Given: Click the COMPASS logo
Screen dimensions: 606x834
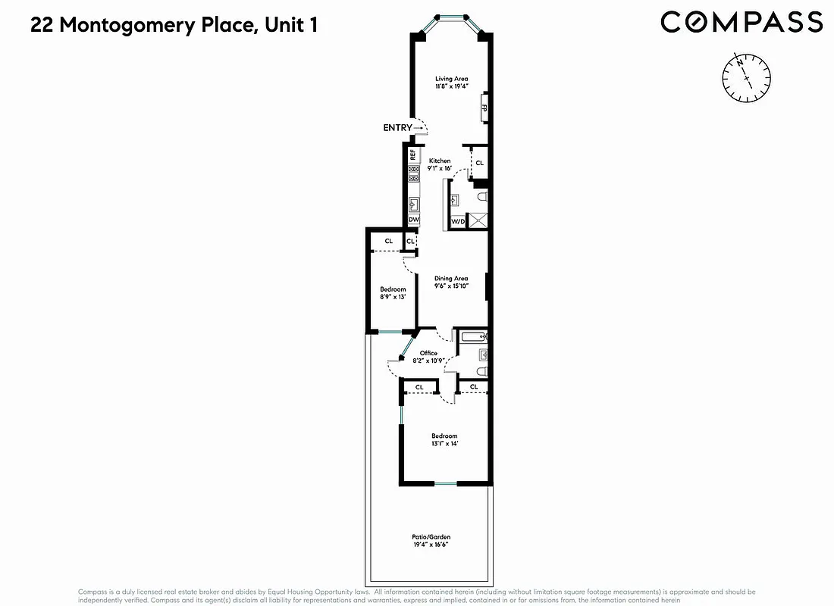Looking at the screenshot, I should [x=741, y=22].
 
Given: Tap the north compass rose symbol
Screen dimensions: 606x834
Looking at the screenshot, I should [x=748, y=77].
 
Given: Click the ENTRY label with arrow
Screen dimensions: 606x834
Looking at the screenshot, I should [x=402, y=128].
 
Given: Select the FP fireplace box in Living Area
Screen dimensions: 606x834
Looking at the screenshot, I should [x=483, y=108].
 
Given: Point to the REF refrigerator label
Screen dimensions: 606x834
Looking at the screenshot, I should [x=413, y=155].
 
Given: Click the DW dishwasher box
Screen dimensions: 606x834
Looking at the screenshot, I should [x=414, y=220].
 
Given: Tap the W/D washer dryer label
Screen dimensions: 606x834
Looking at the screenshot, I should [x=458, y=221].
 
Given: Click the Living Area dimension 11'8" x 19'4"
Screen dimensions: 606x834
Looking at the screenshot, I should [x=451, y=87].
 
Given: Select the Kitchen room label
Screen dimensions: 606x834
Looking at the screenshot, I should [x=440, y=161].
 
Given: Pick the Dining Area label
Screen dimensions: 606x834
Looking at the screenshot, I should [x=451, y=279].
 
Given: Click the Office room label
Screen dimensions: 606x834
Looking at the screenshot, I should [x=428, y=353].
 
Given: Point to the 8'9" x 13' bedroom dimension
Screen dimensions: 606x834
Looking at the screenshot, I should [x=393, y=297].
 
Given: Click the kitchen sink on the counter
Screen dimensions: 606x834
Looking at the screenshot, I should [x=414, y=203].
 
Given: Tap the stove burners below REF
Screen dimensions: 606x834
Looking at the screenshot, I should [x=414, y=176].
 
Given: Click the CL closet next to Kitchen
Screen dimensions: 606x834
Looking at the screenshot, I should [x=479, y=163].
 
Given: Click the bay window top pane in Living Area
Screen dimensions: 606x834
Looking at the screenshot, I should [x=452, y=17].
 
